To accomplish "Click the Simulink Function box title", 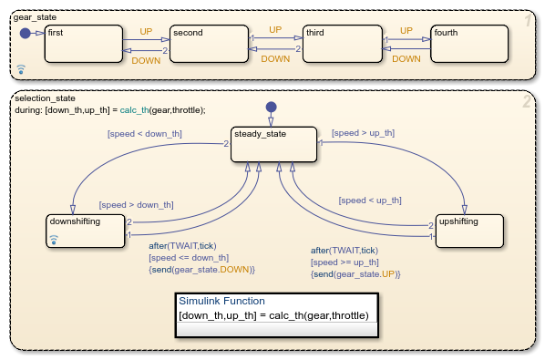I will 221,301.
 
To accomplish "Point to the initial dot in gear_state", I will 25,33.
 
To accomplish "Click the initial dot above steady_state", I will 270,108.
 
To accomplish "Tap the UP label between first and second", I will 146,31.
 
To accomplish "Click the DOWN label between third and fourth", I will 406,59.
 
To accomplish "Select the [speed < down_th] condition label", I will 145,134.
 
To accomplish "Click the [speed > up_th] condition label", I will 364,133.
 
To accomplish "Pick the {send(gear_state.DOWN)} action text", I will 201,270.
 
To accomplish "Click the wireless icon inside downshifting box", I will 53,240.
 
